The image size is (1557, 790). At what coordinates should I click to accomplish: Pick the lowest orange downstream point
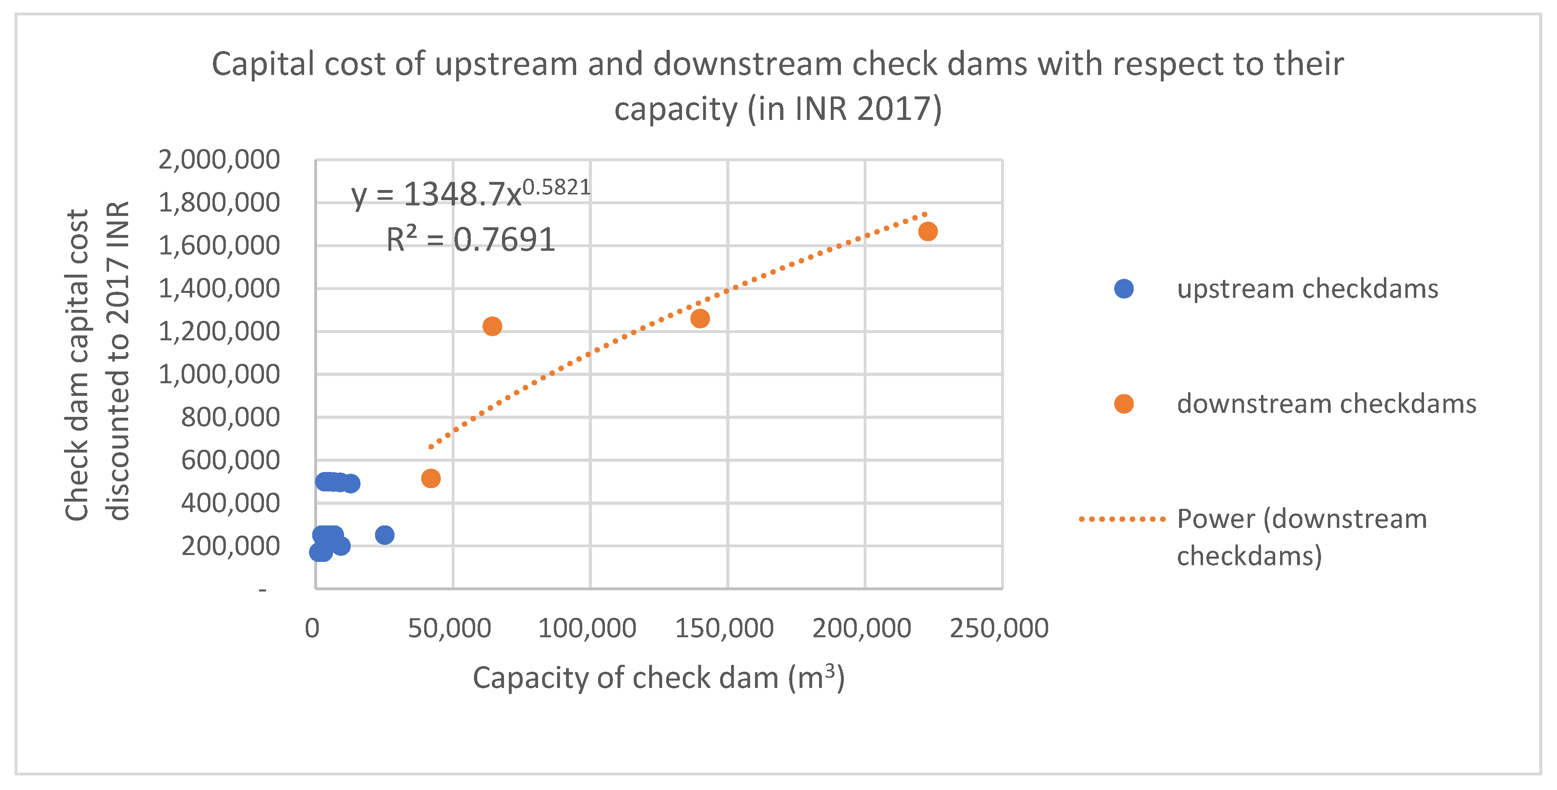pyautogui.click(x=430, y=478)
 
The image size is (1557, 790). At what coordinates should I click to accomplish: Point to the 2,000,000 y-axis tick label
pyautogui.click(x=219, y=160)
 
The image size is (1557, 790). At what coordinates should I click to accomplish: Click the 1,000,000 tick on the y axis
pyautogui.click(x=219, y=374)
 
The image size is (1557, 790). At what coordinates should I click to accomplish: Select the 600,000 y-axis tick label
pyautogui.click(x=230, y=460)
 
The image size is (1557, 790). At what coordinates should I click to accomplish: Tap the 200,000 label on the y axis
pyautogui.click(x=230, y=546)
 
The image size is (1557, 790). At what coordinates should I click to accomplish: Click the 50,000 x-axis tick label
pyautogui.click(x=449, y=628)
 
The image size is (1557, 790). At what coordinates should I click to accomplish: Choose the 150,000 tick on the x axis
pyautogui.click(x=724, y=628)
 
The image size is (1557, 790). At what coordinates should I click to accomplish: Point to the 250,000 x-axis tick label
pyautogui.click(x=999, y=628)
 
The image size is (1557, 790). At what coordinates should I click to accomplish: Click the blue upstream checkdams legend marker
pyautogui.click(x=1124, y=289)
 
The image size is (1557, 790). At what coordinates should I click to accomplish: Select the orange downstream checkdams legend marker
pyautogui.click(x=1124, y=404)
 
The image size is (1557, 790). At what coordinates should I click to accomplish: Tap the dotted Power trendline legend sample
pyautogui.click(x=1122, y=519)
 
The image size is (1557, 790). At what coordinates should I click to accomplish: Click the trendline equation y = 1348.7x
pyautogui.click(x=470, y=194)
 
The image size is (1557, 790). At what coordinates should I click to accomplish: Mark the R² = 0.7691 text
pyautogui.click(x=470, y=240)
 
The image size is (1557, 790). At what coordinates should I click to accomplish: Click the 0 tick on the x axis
pyautogui.click(x=312, y=628)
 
